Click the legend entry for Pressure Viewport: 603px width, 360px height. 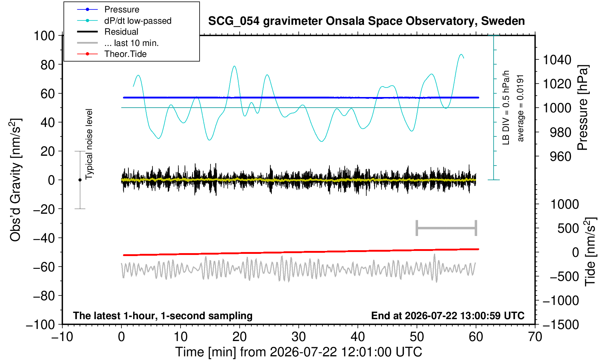click(122, 9)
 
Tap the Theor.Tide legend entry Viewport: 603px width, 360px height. click(125, 54)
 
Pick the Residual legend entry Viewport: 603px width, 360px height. click(121, 32)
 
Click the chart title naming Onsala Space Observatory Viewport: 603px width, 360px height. click(366, 21)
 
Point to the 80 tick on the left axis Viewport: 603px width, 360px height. click(48, 65)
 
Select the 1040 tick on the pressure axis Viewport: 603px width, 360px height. click(557, 59)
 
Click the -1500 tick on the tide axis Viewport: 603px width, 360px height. click(561, 325)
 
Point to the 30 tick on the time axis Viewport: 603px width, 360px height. click(298, 337)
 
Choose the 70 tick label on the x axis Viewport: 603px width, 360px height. click(535, 337)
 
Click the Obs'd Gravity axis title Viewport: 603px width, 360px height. click(15, 180)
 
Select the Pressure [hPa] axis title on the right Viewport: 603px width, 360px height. click(583, 108)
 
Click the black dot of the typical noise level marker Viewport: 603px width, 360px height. click(80, 180)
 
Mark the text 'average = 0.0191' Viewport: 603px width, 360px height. click(521, 108)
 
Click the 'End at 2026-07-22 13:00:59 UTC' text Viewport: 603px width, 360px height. click(448, 316)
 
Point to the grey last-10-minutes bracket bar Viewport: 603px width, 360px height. click(447, 228)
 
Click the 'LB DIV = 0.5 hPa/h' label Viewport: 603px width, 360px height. click(506, 108)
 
